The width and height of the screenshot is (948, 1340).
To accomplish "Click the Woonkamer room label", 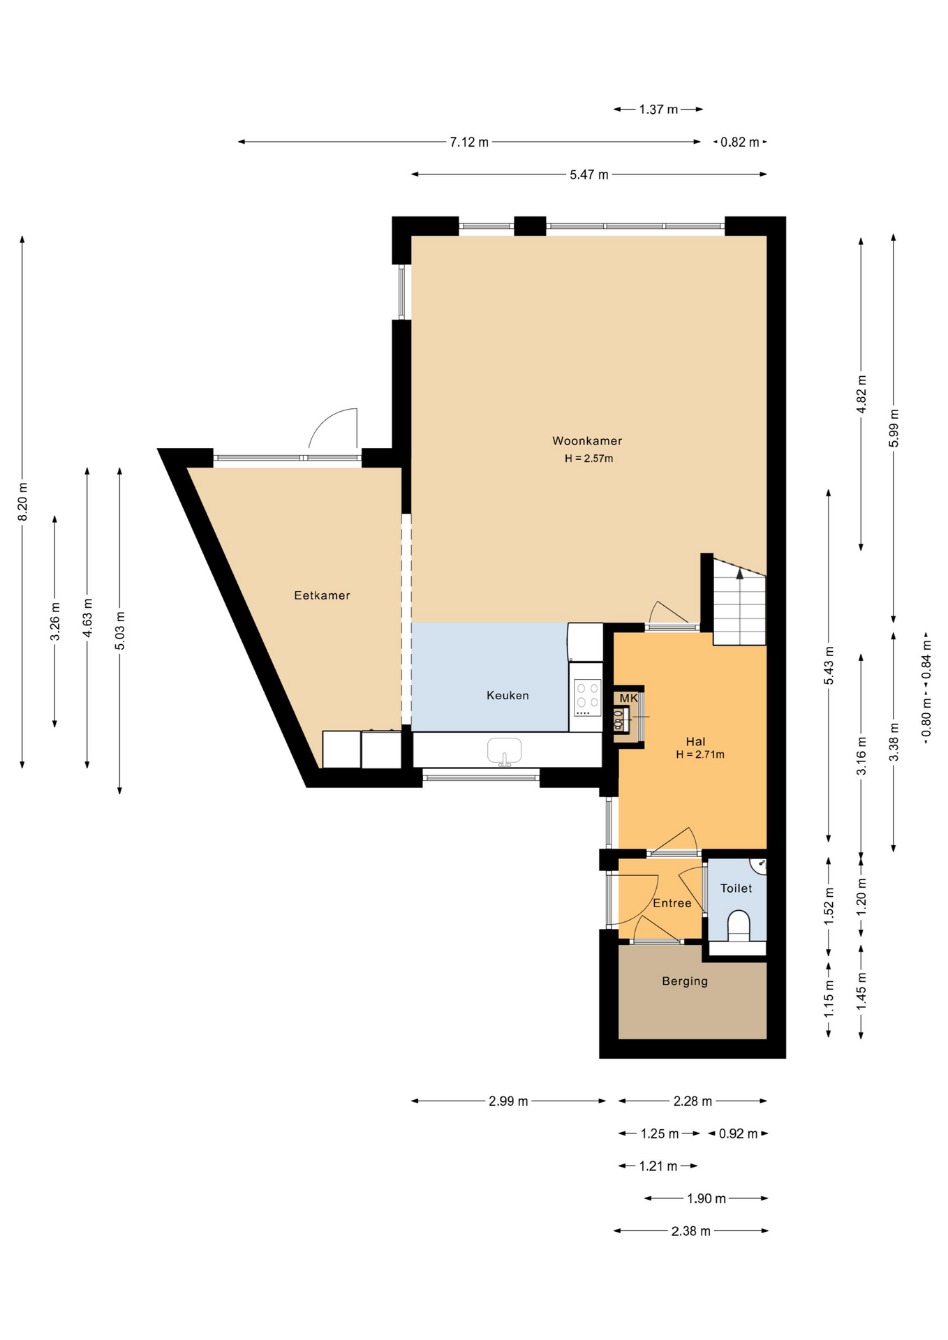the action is [x=587, y=440].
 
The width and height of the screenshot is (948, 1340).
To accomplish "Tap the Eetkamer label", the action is [x=322, y=595].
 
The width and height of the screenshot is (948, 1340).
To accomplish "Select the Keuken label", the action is [x=508, y=695].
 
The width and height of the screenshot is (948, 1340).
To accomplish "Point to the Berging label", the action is [x=685, y=981].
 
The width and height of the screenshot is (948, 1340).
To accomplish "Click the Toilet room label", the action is [x=736, y=888].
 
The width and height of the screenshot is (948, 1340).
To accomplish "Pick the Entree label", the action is [x=672, y=903].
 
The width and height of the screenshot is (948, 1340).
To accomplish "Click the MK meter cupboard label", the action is [x=629, y=698].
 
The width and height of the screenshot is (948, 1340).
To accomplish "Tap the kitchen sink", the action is [x=505, y=751].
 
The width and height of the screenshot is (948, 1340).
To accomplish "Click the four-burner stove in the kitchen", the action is [x=586, y=698].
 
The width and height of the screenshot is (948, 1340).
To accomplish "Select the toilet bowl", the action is [x=738, y=926].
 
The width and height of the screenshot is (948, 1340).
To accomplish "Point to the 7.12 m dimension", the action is [x=469, y=142].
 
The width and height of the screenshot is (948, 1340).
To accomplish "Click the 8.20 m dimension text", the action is [x=22, y=501].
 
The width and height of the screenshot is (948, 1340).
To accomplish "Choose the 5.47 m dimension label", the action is [x=589, y=174].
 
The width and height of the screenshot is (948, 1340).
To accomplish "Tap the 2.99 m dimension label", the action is [x=508, y=1101].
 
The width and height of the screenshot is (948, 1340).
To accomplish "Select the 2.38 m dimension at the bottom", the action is [x=691, y=1231].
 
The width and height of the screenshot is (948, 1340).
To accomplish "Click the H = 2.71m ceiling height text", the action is [x=700, y=754].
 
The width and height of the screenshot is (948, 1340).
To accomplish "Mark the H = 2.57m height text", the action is [x=589, y=459].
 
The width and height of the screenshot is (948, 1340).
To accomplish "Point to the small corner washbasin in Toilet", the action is [x=760, y=865].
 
